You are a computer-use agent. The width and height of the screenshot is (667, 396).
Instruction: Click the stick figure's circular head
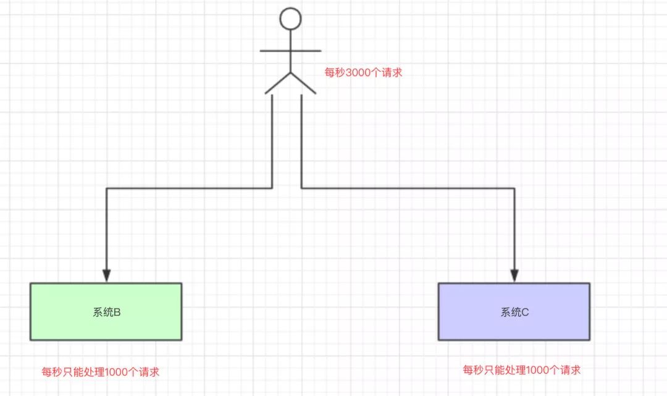pos(290,19)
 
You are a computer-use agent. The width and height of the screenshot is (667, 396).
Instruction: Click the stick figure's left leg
pos(278,83)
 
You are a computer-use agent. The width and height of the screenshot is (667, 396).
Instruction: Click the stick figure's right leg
pos(303,83)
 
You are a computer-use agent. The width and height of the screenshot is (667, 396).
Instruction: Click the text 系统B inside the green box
pos(106,312)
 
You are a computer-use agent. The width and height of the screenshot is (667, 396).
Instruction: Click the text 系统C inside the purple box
pos(514,312)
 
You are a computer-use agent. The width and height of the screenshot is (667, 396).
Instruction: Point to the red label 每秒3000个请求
pos(364,72)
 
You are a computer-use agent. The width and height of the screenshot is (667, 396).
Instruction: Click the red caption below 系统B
pos(101,372)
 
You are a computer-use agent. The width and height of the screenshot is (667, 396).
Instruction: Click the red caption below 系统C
pos(522,370)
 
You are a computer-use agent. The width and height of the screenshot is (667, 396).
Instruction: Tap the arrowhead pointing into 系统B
pos(106,276)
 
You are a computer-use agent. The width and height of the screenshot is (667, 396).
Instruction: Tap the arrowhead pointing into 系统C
pos(514,276)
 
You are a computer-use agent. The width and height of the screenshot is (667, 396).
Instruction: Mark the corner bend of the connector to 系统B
pos(107,188)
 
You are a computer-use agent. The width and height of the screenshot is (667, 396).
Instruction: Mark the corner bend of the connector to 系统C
pos(514,188)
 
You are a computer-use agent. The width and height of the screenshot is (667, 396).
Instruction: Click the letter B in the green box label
pos(117,312)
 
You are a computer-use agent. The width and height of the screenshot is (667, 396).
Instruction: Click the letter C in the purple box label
pos(526,312)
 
